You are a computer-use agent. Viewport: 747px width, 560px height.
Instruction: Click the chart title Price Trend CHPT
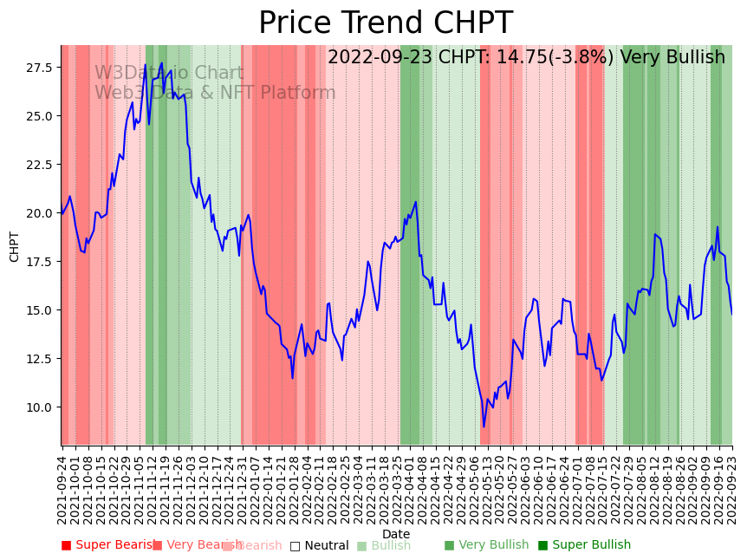pyautogui.click(x=386, y=23)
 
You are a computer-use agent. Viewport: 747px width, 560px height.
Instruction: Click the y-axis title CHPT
pyautogui.click(x=14, y=246)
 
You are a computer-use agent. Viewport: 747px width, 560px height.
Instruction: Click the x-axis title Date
pyautogui.click(x=396, y=534)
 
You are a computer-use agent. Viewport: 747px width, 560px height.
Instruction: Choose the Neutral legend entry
pyautogui.click(x=319, y=546)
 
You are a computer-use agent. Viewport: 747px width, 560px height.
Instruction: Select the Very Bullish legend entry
pyautogui.click(x=486, y=545)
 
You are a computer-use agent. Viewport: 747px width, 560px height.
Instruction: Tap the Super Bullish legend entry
pyautogui.click(x=584, y=545)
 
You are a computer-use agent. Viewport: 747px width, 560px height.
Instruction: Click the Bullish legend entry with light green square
pyautogui.click(x=384, y=546)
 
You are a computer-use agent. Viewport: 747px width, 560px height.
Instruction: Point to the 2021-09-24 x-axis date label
pyautogui.click(x=62, y=490)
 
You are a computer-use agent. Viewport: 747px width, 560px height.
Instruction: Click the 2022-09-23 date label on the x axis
pyautogui.click(x=732, y=490)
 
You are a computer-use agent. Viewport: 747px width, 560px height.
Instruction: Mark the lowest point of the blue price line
pyautogui.click(x=484, y=426)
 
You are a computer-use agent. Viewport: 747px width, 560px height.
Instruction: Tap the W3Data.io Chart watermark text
pyautogui.click(x=169, y=74)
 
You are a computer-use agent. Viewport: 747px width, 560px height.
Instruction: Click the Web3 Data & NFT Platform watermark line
pyautogui.click(x=215, y=94)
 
